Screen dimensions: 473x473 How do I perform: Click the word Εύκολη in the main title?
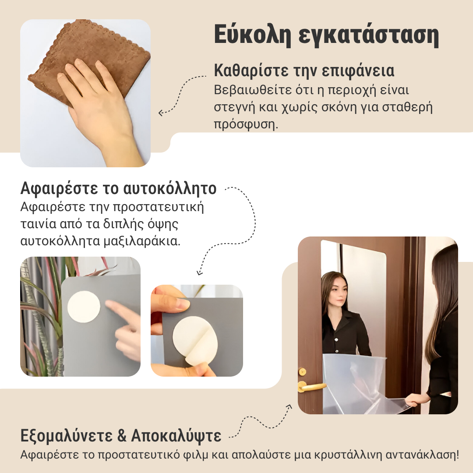[251, 36]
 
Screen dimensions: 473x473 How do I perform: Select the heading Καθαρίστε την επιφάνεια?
[304, 71]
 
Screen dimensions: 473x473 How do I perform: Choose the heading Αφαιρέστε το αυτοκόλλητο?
[118, 189]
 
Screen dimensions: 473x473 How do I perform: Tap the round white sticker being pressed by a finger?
[84, 307]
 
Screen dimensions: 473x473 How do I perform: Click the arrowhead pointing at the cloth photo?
[161, 113]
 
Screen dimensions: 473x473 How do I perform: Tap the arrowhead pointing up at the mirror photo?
[289, 406]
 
